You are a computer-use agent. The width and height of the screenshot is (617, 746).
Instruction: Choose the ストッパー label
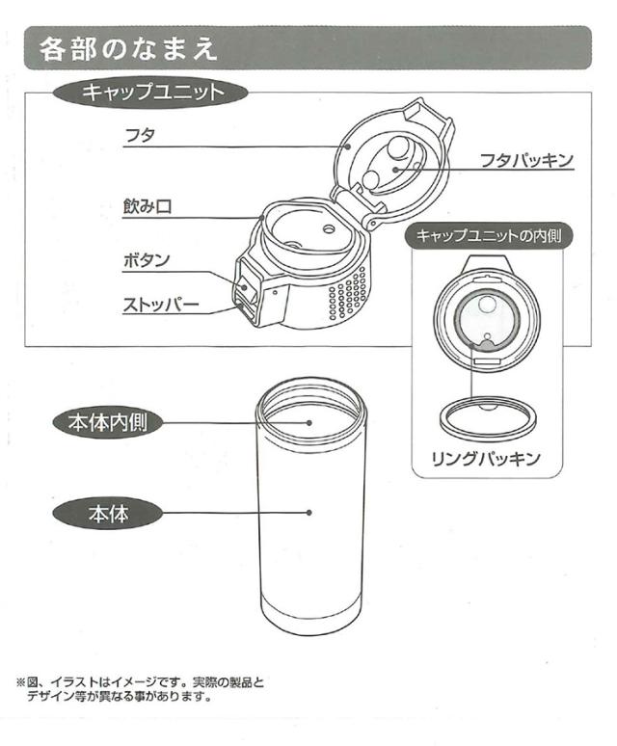(x=160, y=306)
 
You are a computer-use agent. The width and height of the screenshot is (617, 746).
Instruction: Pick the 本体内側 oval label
(x=107, y=422)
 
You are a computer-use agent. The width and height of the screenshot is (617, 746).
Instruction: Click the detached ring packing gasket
(x=488, y=417)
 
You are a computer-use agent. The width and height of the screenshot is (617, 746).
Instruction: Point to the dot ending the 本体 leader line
(x=309, y=513)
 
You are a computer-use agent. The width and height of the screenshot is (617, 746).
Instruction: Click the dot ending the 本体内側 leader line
(x=309, y=422)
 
